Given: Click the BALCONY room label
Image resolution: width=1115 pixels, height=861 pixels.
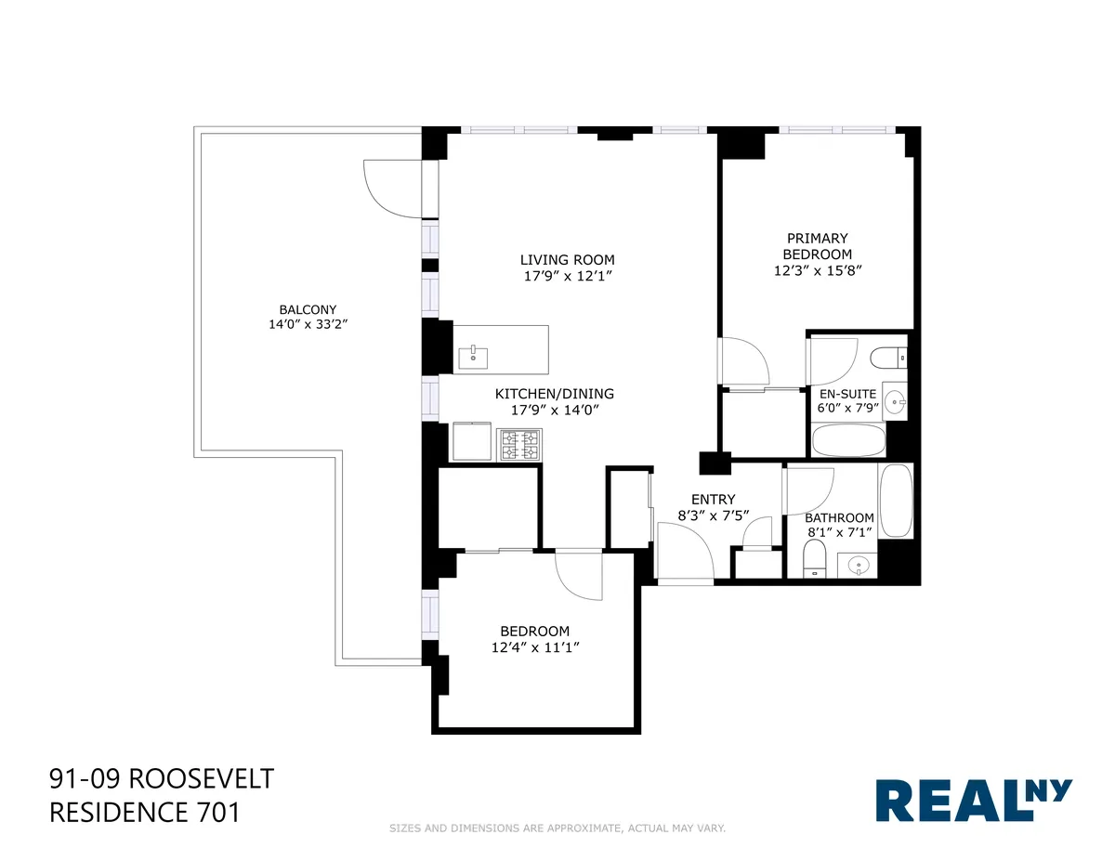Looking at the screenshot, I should (308, 309).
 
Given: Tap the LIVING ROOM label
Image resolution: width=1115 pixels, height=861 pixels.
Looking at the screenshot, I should (567, 260).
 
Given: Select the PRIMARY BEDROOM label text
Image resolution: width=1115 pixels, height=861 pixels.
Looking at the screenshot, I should (817, 246).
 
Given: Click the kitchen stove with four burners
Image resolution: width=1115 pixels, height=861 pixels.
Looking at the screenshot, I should (521, 444).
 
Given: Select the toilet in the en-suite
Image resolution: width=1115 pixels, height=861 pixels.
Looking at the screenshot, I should (890, 357).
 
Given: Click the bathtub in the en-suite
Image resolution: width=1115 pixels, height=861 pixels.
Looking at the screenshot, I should (847, 440).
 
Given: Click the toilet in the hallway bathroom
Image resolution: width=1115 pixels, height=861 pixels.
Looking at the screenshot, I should (814, 561).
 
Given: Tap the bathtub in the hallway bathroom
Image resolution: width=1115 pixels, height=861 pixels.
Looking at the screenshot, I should (896, 501).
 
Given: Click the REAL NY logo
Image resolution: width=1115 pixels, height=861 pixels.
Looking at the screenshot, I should (974, 800).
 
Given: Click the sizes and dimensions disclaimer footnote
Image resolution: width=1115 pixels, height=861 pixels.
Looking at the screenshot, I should (557, 828).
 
